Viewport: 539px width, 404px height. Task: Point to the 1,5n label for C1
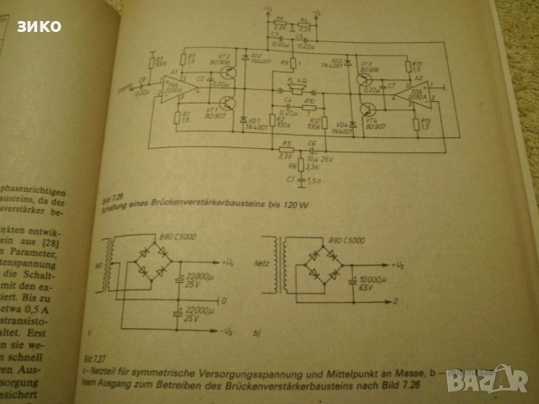click(314, 180)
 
